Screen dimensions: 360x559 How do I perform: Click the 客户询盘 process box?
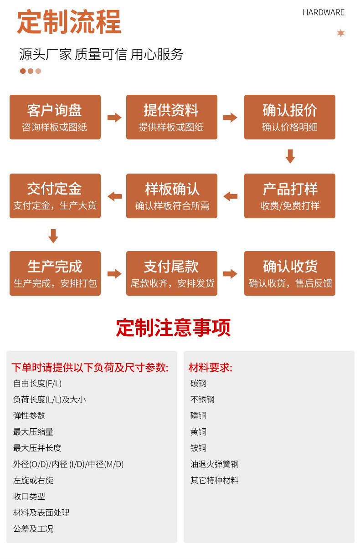click(x=55, y=117)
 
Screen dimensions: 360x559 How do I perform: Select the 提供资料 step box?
click(x=171, y=117)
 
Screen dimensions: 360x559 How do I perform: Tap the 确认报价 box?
click(x=289, y=117)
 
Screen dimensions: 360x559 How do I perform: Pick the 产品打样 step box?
click(x=289, y=196)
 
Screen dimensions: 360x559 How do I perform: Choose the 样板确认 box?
click(x=171, y=196)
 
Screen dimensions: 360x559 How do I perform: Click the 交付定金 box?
click(x=55, y=196)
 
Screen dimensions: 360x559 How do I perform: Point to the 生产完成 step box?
click(x=55, y=273)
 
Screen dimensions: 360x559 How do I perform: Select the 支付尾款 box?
click(x=171, y=273)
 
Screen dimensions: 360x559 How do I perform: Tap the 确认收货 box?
click(x=289, y=273)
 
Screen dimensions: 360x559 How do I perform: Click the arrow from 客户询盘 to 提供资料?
click(x=114, y=118)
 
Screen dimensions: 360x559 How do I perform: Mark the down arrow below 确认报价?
click(x=290, y=156)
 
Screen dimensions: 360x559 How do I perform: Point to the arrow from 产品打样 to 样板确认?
click(x=231, y=196)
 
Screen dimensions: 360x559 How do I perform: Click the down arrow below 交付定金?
click(x=53, y=236)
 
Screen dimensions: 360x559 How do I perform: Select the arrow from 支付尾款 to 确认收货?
click(x=231, y=274)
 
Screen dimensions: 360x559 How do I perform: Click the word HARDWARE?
click(x=324, y=13)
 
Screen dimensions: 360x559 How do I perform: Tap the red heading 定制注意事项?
click(x=173, y=328)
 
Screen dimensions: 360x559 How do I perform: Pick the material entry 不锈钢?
click(x=202, y=400)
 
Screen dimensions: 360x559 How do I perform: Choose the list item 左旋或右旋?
click(x=33, y=480)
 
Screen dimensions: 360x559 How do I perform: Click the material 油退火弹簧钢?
click(x=214, y=464)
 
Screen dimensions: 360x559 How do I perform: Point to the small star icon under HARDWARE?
click(x=341, y=33)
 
